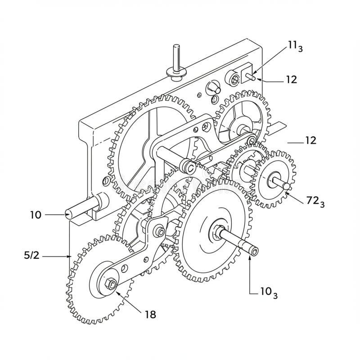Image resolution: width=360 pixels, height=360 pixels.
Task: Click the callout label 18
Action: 151,314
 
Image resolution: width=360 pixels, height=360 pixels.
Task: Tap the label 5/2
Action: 31,255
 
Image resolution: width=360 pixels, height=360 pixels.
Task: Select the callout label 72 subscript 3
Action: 315,202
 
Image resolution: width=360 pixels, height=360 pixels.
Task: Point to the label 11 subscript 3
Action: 296,46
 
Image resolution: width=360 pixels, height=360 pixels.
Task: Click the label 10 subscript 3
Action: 269,292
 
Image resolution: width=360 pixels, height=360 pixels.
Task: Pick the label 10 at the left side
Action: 36,215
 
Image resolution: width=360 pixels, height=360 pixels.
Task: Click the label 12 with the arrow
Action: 291,80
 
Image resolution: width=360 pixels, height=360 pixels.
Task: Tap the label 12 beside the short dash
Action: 310,140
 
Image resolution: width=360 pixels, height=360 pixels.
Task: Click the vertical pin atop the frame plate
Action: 176,58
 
